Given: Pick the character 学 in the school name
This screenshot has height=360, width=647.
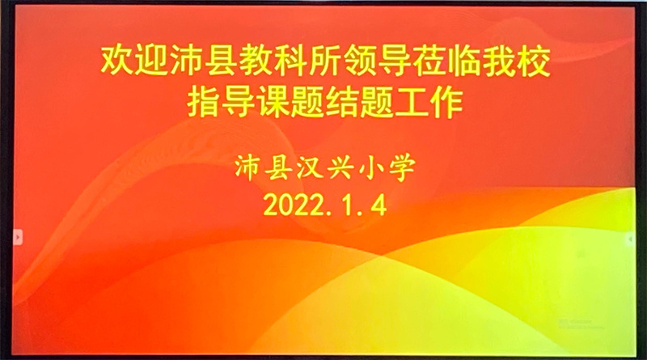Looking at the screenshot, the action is (402, 168).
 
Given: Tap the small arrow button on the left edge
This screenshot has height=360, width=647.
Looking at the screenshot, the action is (17, 237).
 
